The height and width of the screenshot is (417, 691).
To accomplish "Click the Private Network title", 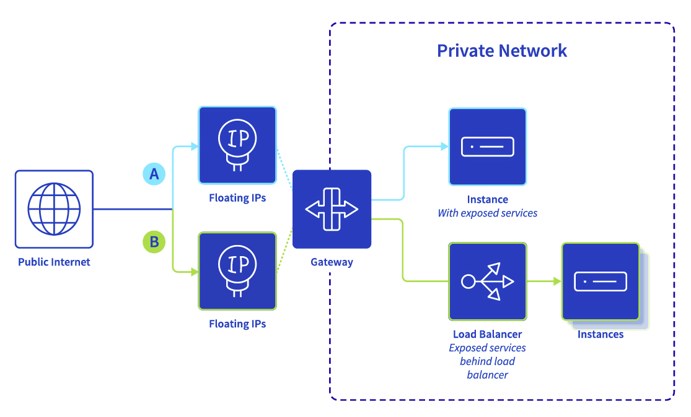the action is pyautogui.click(x=501, y=51).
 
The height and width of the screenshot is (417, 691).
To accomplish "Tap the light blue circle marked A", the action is pyautogui.click(x=154, y=174).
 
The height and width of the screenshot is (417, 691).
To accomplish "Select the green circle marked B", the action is pyautogui.click(x=154, y=242).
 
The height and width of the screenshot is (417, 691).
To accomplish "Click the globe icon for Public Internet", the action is pyautogui.click(x=54, y=209).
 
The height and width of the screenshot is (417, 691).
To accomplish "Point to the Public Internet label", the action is pyautogui.click(x=54, y=262).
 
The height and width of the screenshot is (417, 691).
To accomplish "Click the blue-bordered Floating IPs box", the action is pyautogui.click(x=237, y=145).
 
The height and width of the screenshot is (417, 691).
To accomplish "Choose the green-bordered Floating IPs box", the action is pyautogui.click(x=237, y=271).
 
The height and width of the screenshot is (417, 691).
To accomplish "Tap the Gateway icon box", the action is pyautogui.click(x=332, y=209).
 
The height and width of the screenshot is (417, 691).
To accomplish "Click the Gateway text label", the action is pyautogui.click(x=332, y=262).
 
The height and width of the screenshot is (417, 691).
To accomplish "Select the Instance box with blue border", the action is pyautogui.click(x=487, y=147).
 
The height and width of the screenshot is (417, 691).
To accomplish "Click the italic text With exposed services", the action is pyautogui.click(x=487, y=213).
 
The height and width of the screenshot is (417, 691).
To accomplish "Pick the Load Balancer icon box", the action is pyautogui.click(x=487, y=282).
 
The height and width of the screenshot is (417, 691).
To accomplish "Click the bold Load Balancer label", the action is pyautogui.click(x=487, y=334).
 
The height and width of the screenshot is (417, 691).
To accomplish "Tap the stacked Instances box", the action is pyautogui.click(x=601, y=282).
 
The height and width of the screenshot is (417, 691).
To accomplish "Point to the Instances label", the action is pyautogui.click(x=601, y=334).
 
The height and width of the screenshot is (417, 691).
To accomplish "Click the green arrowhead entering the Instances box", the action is pyautogui.click(x=558, y=281).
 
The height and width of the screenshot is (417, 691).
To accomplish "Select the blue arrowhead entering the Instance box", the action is pyautogui.click(x=444, y=147).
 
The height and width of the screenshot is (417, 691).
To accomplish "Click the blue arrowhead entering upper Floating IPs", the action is pyautogui.click(x=195, y=146).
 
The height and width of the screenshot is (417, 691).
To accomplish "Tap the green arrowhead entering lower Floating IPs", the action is pyautogui.click(x=195, y=272).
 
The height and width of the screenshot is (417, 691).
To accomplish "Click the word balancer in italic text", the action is pyautogui.click(x=487, y=375).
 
